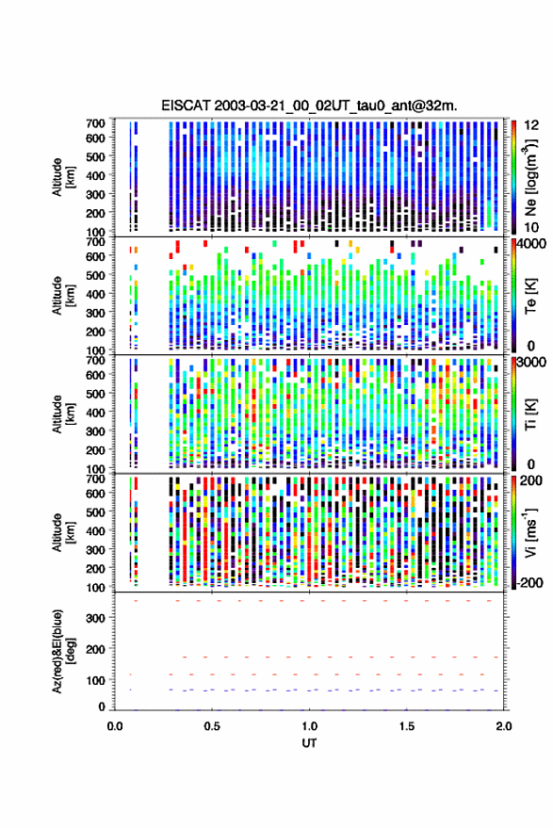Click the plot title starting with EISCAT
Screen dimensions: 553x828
click(309, 106)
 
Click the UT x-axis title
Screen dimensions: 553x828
click(309, 743)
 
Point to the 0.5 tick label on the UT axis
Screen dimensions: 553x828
click(212, 726)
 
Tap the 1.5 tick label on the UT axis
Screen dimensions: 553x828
click(407, 726)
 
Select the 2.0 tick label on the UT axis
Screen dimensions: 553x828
click(504, 726)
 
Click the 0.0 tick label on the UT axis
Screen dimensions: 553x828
click(115, 726)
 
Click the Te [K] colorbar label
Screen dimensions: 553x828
click(530, 296)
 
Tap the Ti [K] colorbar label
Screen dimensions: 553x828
click(530, 414)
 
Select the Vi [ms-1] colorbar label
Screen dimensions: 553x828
click(530, 532)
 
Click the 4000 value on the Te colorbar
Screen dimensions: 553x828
click(531, 245)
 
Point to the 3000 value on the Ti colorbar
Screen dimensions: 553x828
click(531, 363)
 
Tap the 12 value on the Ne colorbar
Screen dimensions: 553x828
click(531, 125)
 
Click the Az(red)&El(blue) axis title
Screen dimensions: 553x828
click(62, 651)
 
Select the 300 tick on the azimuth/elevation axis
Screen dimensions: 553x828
click(95, 618)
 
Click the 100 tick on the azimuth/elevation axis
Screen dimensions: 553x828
click(95, 680)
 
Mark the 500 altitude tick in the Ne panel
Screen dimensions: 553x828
click(95, 156)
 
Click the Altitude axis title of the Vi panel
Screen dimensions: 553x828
click(62, 532)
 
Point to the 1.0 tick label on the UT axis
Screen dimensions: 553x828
click(310, 726)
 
